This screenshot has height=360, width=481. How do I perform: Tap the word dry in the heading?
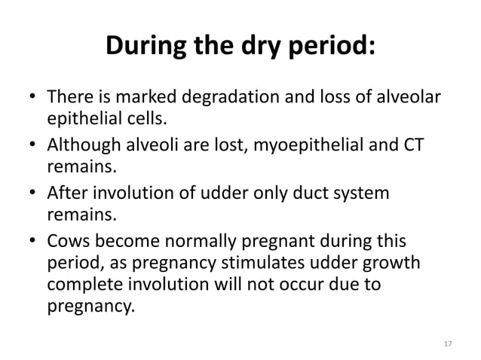click(x=262, y=47)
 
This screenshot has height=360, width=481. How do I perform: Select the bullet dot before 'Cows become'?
click(x=32, y=243)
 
